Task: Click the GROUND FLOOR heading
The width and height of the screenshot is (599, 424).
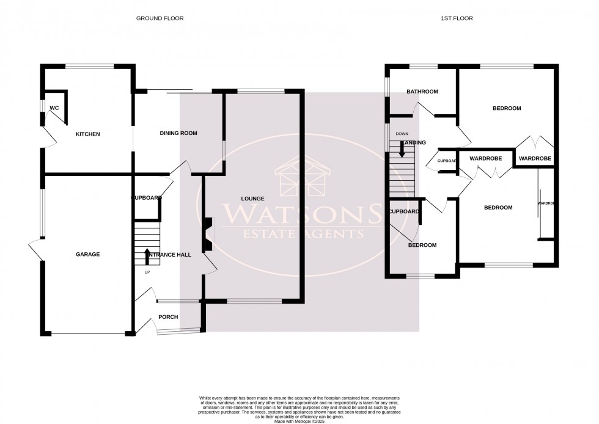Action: (160, 18)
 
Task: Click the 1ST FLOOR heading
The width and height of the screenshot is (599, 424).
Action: (457, 18)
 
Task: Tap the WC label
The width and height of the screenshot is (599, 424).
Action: (54, 108)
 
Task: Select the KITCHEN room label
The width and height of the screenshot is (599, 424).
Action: (87, 134)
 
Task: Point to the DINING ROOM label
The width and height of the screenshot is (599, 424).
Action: (178, 133)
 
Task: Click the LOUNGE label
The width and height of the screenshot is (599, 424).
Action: (252, 199)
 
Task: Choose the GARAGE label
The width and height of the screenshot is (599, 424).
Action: (87, 254)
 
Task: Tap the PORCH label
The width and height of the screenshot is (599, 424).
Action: (168, 316)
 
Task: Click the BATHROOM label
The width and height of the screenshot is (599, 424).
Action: (422, 92)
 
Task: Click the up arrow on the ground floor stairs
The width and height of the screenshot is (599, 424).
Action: (147, 255)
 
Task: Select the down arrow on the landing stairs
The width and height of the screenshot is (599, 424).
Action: (402, 148)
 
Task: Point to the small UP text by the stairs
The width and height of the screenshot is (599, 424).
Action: (147, 272)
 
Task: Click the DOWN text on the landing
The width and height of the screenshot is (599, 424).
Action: (402, 134)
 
